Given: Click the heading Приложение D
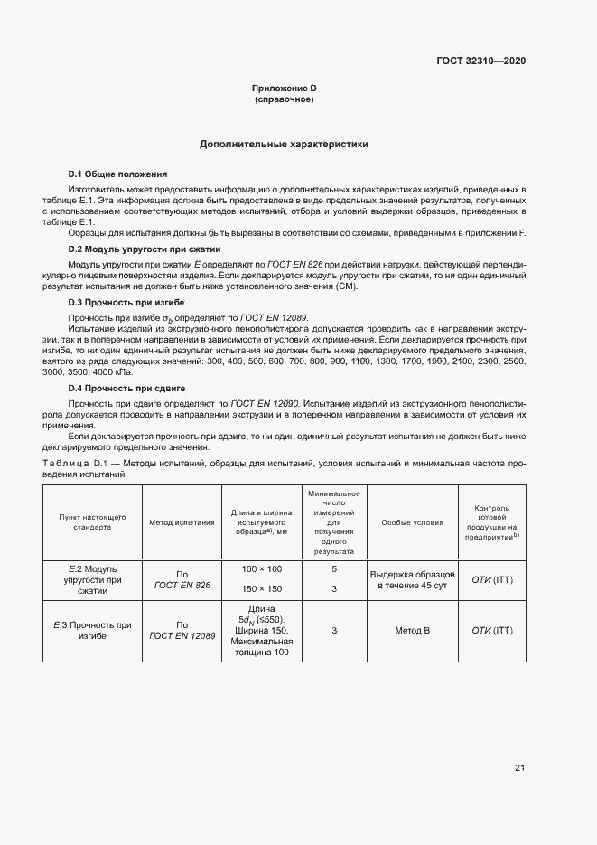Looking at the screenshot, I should (x=284, y=88).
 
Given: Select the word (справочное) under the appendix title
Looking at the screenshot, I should (x=284, y=99).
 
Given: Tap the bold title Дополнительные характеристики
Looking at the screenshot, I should (x=284, y=144).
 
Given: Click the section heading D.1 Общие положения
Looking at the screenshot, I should (x=117, y=174).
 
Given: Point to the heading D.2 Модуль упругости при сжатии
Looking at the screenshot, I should (x=145, y=249).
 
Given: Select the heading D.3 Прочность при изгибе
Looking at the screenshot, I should (x=126, y=301).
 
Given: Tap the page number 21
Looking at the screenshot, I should (x=519, y=768).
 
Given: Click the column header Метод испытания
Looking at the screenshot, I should (x=182, y=522).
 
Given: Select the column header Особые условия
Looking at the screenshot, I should (x=413, y=522).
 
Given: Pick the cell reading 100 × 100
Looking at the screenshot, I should (x=262, y=568).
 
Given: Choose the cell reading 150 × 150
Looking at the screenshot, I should (x=262, y=588).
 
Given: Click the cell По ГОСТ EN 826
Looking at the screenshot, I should (x=182, y=579).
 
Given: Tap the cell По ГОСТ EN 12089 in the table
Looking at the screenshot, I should (x=182, y=630).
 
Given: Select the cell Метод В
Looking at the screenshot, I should (x=413, y=630).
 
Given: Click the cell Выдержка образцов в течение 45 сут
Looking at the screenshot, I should (x=413, y=580).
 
